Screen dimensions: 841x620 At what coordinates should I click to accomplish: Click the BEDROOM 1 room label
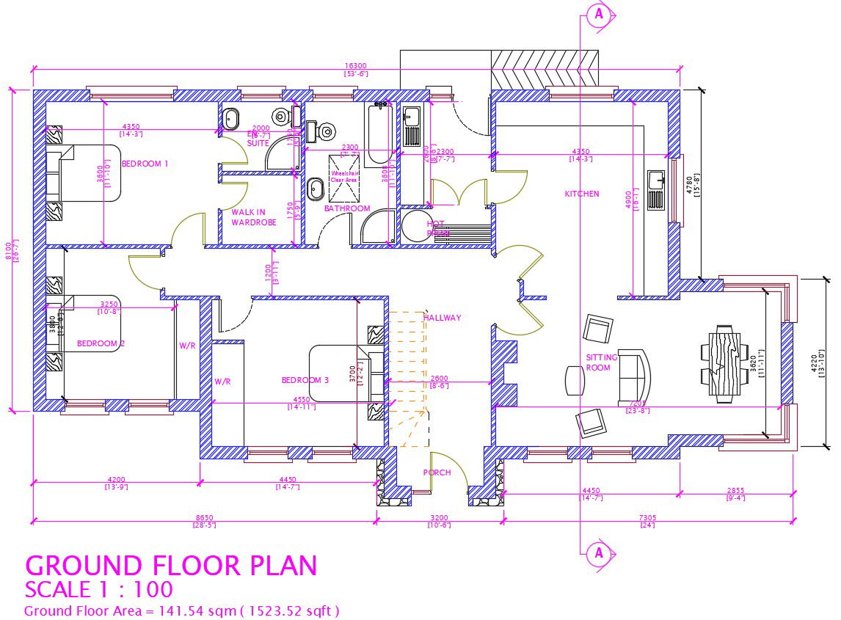(x=145, y=164)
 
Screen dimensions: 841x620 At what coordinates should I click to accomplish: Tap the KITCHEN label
(x=581, y=194)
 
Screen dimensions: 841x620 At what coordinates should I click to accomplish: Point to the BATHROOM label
(x=347, y=208)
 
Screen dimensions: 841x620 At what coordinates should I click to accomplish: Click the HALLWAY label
(x=442, y=318)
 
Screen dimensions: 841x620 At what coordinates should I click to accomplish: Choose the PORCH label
(x=437, y=473)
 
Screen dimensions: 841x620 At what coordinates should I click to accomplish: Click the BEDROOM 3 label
(x=305, y=380)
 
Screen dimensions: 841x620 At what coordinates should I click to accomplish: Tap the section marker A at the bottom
(x=599, y=552)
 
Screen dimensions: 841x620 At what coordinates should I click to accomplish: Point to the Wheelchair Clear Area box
(x=343, y=176)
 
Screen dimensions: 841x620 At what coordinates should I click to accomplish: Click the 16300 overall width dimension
(x=356, y=66)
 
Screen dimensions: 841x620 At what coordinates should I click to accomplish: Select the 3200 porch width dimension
(x=438, y=518)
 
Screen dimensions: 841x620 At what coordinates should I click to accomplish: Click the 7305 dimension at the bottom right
(x=647, y=518)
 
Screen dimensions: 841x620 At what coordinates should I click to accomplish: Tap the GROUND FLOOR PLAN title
(x=171, y=566)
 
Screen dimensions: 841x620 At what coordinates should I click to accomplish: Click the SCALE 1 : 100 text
(x=99, y=589)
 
